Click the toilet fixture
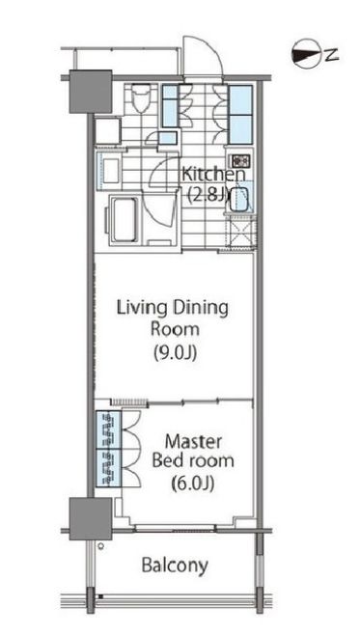(141, 100)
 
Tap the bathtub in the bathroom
(125, 219)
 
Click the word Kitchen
(213, 175)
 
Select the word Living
(139, 309)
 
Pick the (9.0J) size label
(175, 352)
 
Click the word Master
(193, 441)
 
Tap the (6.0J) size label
(193, 483)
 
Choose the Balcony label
(175, 565)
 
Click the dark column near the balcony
(91, 519)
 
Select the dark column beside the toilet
(91, 92)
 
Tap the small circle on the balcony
(101, 546)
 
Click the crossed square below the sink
(241, 233)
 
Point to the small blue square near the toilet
(167, 138)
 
